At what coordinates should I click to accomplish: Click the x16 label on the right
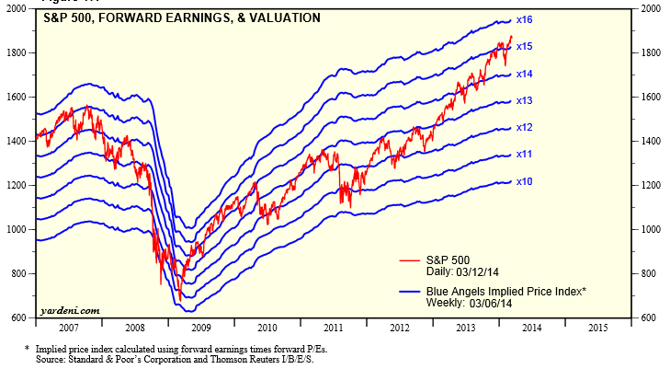point(525,19)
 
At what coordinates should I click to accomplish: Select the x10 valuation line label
point(525,180)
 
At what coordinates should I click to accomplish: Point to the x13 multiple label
point(525,100)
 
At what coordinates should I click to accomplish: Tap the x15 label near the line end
point(525,46)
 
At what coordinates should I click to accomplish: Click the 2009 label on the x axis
point(201,328)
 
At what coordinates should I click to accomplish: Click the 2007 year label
point(69,328)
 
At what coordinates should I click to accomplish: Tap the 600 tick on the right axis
point(649,318)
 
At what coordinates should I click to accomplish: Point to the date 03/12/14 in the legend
point(482,271)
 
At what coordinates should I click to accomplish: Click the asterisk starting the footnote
point(27,349)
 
